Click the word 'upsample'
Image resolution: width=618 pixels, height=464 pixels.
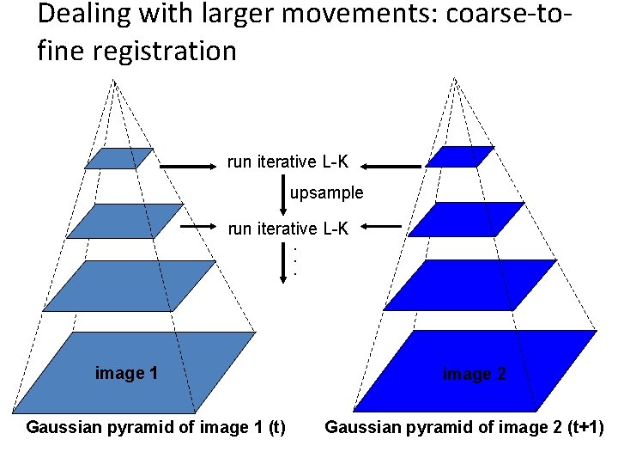(326, 193)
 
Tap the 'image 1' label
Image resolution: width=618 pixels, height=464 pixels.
(126, 373)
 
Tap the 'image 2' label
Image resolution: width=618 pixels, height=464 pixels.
(474, 374)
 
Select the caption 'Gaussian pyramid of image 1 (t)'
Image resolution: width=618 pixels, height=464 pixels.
(156, 427)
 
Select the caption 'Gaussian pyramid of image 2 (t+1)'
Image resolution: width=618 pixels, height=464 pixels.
(464, 427)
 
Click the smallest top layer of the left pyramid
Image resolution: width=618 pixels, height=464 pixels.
(119, 158)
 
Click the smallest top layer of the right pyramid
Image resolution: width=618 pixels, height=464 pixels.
(460, 157)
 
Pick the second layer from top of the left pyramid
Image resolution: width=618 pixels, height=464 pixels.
(125, 220)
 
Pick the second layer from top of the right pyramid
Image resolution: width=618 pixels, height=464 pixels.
(466, 219)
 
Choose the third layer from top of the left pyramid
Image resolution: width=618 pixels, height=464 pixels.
(130, 285)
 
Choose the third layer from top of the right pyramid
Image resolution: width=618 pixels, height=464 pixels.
(470, 284)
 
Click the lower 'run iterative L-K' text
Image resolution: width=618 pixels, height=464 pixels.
(288, 228)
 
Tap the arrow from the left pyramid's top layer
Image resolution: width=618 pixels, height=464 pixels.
(189, 167)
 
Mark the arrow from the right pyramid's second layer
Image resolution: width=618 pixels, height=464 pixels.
(382, 227)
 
